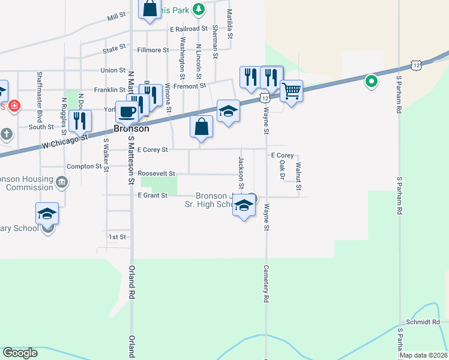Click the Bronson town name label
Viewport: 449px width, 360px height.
(x=131, y=128)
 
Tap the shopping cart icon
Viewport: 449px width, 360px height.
(x=291, y=91)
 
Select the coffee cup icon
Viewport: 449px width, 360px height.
(x=127, y=111)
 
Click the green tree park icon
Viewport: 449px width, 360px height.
(x=200, y=9)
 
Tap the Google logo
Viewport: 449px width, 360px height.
(x=20, y=353)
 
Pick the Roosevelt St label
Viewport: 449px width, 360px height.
(x=156, y=173)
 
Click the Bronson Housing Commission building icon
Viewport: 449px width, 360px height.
(x=62, y=181)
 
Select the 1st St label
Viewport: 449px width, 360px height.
(x=117, y=237)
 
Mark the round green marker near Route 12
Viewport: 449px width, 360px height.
(x=372, y=80)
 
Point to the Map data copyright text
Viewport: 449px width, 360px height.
(x=422, y=355)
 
